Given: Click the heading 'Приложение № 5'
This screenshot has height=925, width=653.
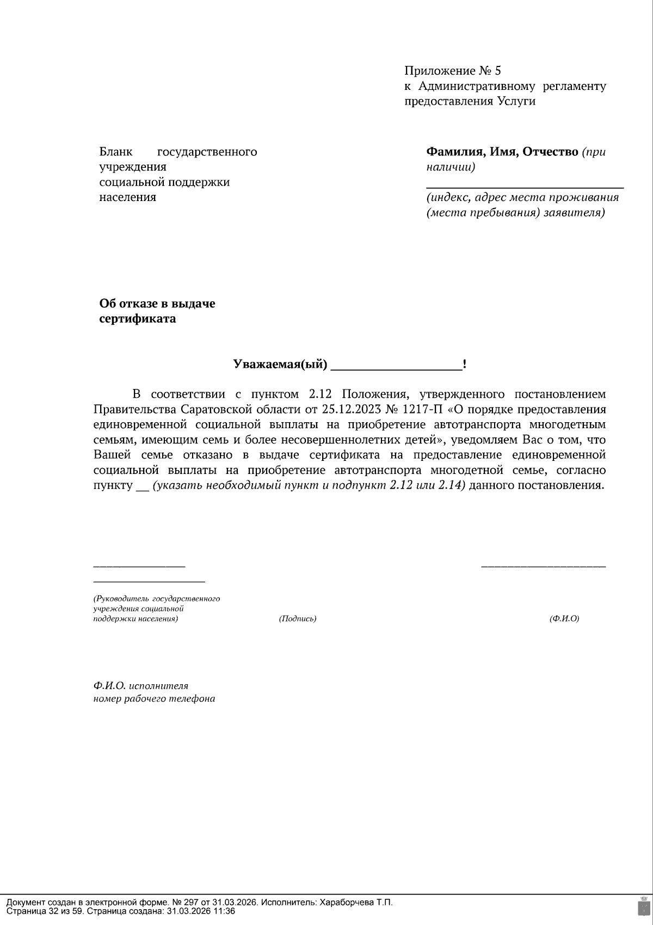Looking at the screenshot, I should coord(452,71).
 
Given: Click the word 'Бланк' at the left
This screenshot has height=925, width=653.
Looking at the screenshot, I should coord(116,152).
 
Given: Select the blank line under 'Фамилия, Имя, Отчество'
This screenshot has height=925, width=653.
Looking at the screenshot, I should coord(525,187).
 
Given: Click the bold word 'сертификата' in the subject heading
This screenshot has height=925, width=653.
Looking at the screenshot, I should coord(137,319).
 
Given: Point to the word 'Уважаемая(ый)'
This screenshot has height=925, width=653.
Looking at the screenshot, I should coord(280,364).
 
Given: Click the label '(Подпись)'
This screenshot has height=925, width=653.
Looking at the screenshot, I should coord(298,619).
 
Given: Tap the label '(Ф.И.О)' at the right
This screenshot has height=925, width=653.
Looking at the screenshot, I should coord(564,619).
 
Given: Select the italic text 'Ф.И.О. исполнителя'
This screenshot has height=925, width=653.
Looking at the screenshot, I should coord(140,686).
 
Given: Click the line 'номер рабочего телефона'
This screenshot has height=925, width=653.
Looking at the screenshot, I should coord(154,699).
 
